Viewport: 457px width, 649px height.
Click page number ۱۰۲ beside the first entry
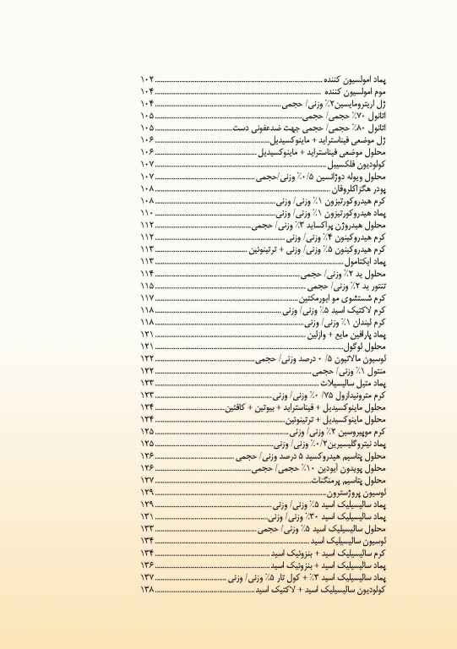[149, 78]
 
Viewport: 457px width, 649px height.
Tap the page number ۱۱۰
[149, 215]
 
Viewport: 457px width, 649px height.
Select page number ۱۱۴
[149, 275]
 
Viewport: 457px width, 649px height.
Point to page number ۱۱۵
[149, 287]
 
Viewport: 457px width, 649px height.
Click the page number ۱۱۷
[149, 299]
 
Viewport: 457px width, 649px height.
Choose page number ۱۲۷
[149, 479]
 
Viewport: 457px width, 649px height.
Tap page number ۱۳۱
[149, 515]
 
